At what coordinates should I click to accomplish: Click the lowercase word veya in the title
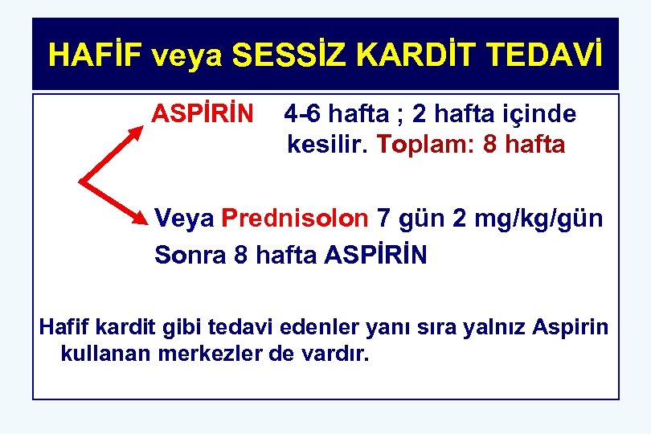click(x=194, y=56)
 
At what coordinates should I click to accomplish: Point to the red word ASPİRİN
click(x=203, y=114)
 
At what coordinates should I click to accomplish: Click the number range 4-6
click(x=302, y=114)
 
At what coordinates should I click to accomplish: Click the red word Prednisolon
click(x=295, y=218)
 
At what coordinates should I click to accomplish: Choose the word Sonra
click(x=190, y=255)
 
